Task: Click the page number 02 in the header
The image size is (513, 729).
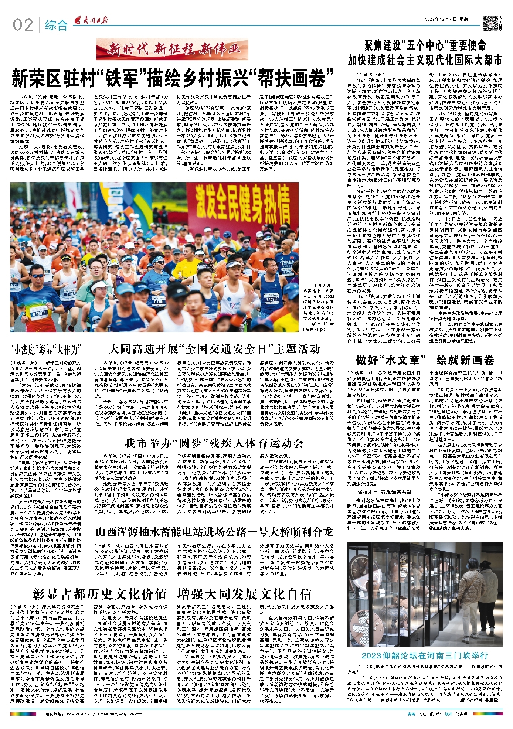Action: (x=23, y=25)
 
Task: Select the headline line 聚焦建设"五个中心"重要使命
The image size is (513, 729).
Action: (x=425, y=45)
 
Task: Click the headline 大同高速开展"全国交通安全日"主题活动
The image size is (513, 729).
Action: (x=214, y=349)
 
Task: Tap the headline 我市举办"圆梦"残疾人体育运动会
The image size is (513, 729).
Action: (x=214, y=443)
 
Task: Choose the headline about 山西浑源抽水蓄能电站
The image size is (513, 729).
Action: (x=214, y=532)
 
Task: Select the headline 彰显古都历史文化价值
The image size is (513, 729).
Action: (x=100, y=594)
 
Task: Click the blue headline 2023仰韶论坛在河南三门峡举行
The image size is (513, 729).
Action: (x=425, y=656)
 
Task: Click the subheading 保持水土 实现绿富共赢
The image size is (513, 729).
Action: (x=384, y=492)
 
